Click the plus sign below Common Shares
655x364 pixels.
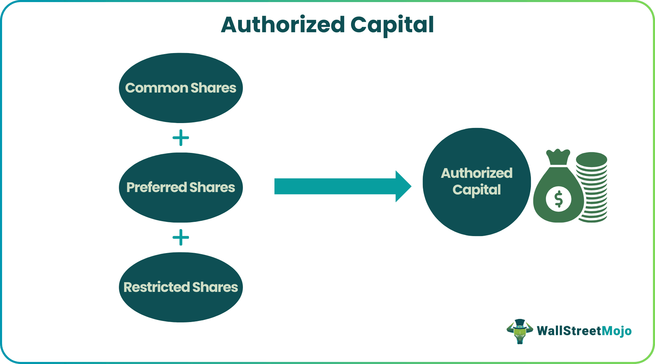pos(181,138)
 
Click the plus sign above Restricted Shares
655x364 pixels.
pos(181,237)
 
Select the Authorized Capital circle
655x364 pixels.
pos(477,215)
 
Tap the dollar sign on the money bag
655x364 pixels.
pos(558,199)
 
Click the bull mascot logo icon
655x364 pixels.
pos(519,331)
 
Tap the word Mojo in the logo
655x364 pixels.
pos(617,331)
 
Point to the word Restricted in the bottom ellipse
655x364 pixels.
pos(157,287)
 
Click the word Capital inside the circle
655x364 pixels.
pos(477,190)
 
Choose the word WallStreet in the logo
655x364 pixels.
pos(569,331)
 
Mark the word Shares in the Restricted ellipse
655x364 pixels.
pos(215,287)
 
